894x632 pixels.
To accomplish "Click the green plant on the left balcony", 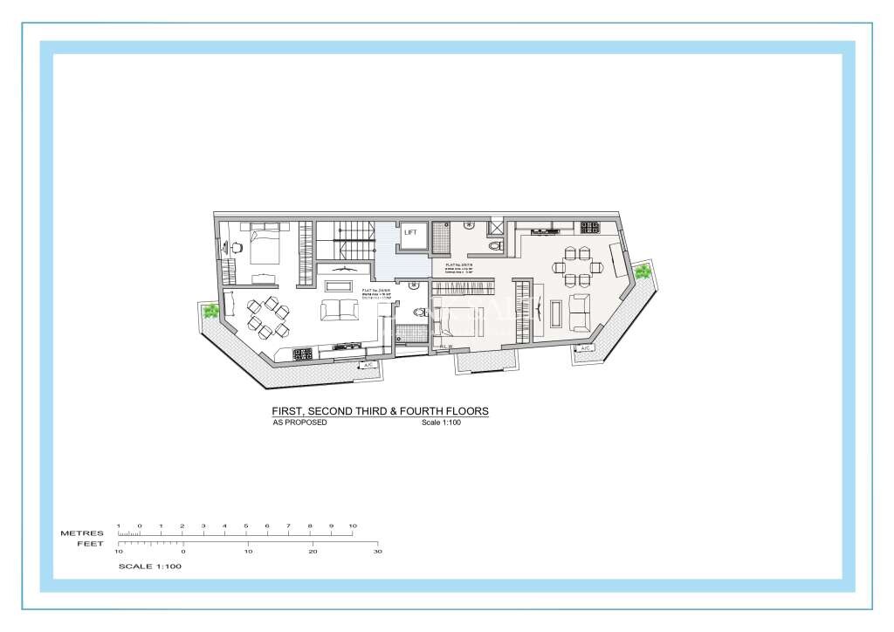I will coord(210,311).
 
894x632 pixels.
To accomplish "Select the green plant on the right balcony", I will coord(643,271).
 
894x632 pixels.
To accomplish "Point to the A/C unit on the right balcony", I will coord(583,348).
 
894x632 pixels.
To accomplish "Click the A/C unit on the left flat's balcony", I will coord(368,364).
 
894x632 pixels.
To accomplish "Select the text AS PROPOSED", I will coord(300,422).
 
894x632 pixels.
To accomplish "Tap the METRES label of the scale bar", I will coord(82,532).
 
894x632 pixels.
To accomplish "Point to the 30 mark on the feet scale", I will coord(377,552).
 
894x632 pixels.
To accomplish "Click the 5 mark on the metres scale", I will coord(246,526).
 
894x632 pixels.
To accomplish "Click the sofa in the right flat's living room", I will coord(581,312).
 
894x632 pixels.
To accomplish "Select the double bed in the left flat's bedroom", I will coord(262,244).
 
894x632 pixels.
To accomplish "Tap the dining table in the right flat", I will coord(577,267).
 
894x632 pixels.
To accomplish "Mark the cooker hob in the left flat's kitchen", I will coord(302,354).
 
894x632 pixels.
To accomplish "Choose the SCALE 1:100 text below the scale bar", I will coord(149,566).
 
